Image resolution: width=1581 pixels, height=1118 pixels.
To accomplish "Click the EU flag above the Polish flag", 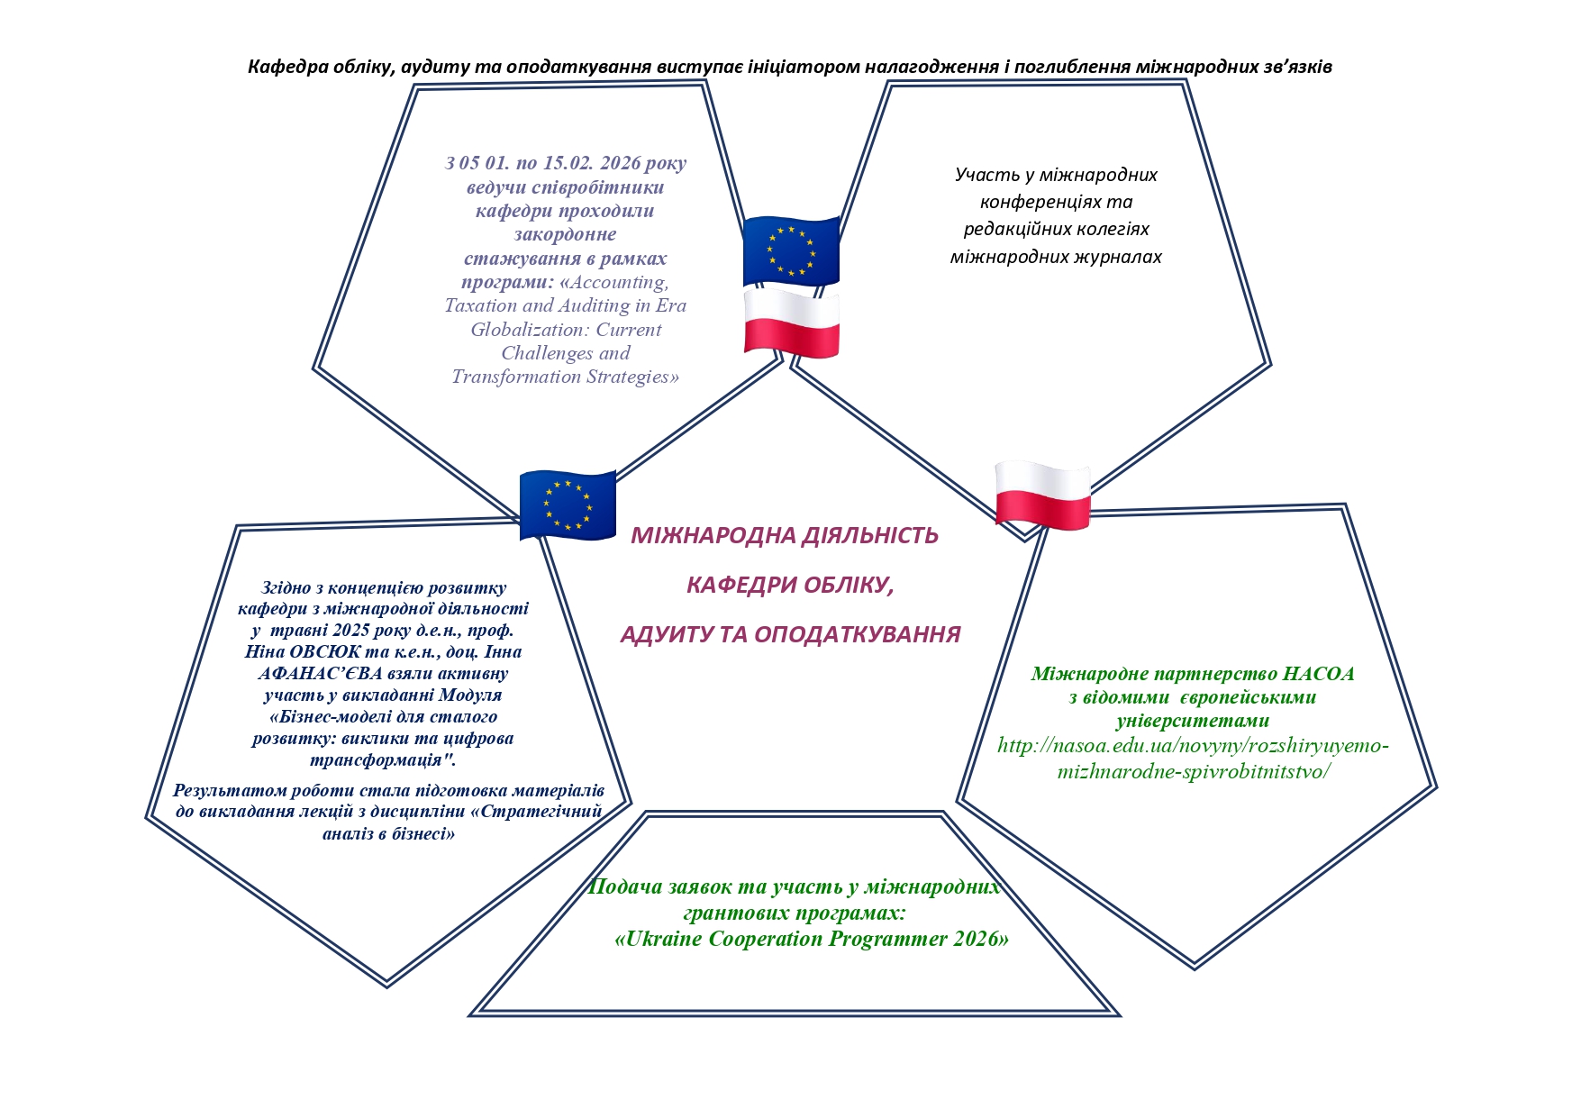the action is click(x=791, y=251).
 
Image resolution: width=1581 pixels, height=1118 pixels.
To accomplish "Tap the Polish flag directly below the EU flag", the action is click(x=791, y=323).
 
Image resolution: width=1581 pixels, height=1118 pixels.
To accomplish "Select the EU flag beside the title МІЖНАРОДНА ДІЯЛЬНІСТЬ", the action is click(x=568, y=505).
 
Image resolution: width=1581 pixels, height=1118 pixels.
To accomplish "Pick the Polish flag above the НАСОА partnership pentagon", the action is click(x=1042, y=495).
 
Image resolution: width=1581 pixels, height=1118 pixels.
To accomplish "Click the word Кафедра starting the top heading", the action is click(x=285, y=67).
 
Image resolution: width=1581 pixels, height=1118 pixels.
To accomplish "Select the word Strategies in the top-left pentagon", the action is click(x=631, y=377).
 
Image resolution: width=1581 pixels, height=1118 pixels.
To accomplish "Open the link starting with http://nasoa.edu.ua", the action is click(x=1194, y=759).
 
